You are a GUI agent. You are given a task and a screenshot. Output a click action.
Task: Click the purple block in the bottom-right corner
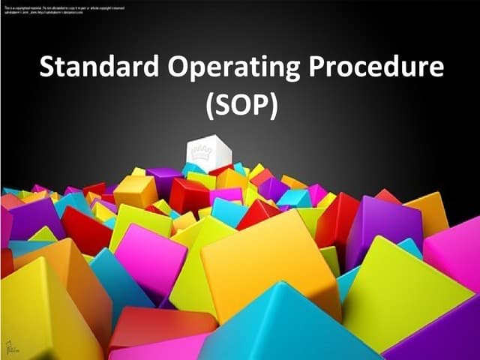coord(442,334)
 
